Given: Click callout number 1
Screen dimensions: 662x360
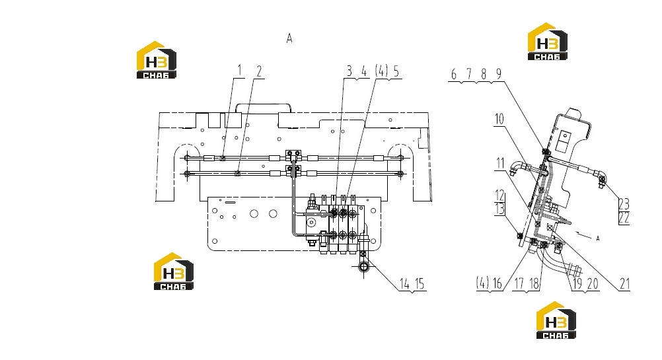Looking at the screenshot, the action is [x=240, y=70].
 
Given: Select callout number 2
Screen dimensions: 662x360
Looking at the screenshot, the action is [x=259, y=71].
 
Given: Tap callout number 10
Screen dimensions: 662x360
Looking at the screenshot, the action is [x=499, y=119].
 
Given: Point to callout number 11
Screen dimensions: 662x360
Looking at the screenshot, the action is [x=500, y=163].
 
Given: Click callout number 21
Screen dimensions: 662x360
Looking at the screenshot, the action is [x=625, y=284].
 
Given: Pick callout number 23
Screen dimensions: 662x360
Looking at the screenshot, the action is [x=624, y=204].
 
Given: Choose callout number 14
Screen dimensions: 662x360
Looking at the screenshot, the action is [x=404, y=284].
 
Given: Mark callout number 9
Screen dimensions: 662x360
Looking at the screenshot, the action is [x=499, y=74].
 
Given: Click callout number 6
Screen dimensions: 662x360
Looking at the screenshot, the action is [x=454, y=75].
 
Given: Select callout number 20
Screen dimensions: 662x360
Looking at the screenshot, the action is [x=593, y=284].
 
